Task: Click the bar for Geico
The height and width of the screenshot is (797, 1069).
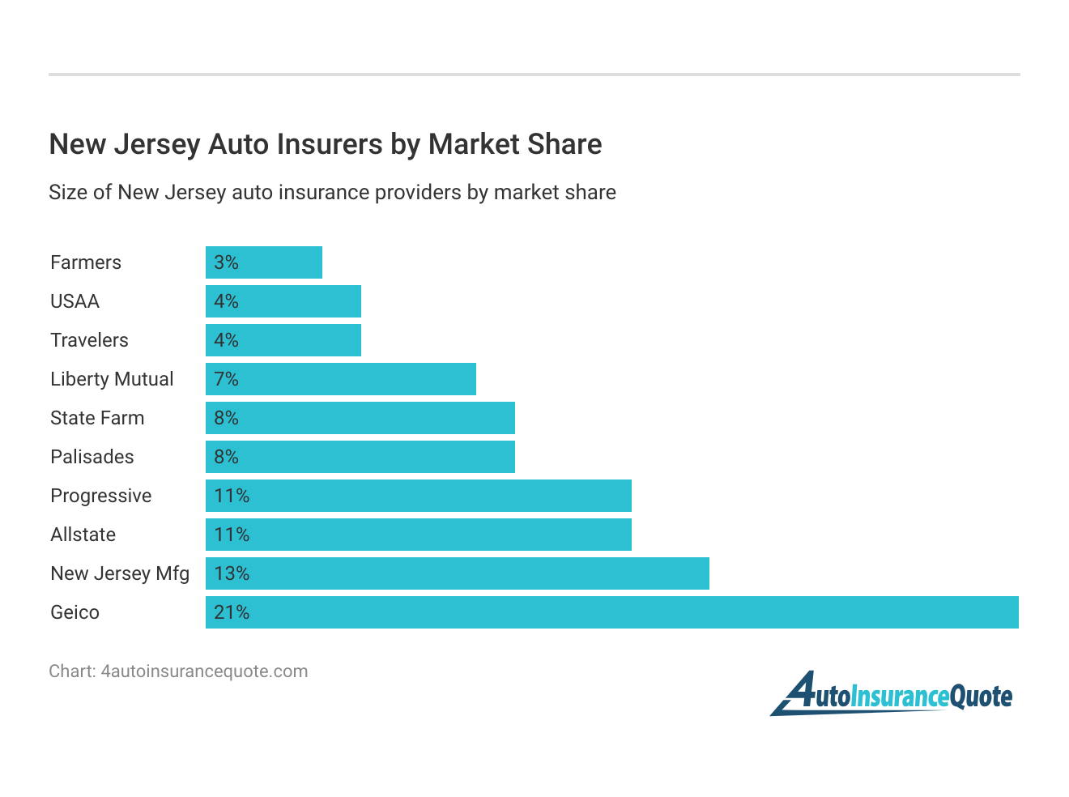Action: tap(611, 612)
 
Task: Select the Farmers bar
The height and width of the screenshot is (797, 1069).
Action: tap(264, 262)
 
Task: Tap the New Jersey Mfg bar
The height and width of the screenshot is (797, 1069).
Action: tap(458, 573)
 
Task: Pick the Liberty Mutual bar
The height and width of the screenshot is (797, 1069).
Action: tap(341, 379)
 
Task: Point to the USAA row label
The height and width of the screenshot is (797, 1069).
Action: tap(75, 301)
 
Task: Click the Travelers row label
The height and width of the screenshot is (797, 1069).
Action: tap(89, 340)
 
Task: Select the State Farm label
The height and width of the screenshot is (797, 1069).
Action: tap(97, 418)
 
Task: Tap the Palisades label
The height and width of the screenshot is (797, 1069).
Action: tap(92, 457)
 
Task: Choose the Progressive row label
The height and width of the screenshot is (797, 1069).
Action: tap(101, 496)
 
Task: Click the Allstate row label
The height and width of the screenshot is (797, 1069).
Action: tap(83, 535)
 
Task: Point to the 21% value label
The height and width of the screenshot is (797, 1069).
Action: tap(232, 612)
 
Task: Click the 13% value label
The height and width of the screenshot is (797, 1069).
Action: tap(232, 573)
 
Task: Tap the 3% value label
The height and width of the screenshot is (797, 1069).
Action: tap(226, 262)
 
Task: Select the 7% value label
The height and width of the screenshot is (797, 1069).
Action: tap(226, 379)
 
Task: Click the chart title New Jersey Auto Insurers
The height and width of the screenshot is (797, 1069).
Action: tap(326, 144)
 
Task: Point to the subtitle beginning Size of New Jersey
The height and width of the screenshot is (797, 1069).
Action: tap(332, 193)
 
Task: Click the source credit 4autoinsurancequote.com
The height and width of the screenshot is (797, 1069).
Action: tap(178, 671)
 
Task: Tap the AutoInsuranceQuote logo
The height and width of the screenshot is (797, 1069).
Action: tap(892, 694)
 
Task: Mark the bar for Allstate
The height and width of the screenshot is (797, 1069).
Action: tap(419, 535)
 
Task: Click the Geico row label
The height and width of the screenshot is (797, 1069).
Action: tap(75, 612)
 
